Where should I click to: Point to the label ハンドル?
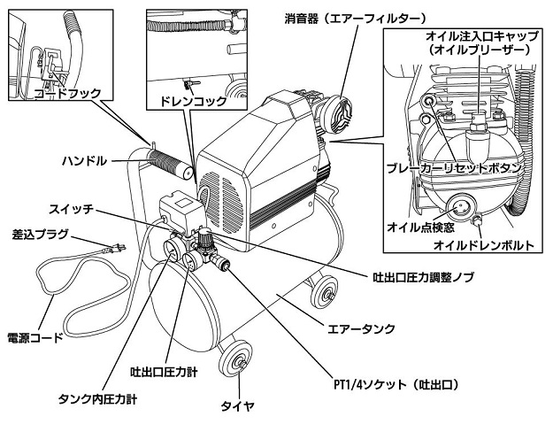[x=85, y=161]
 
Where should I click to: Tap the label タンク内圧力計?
[x=97, y=398]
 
